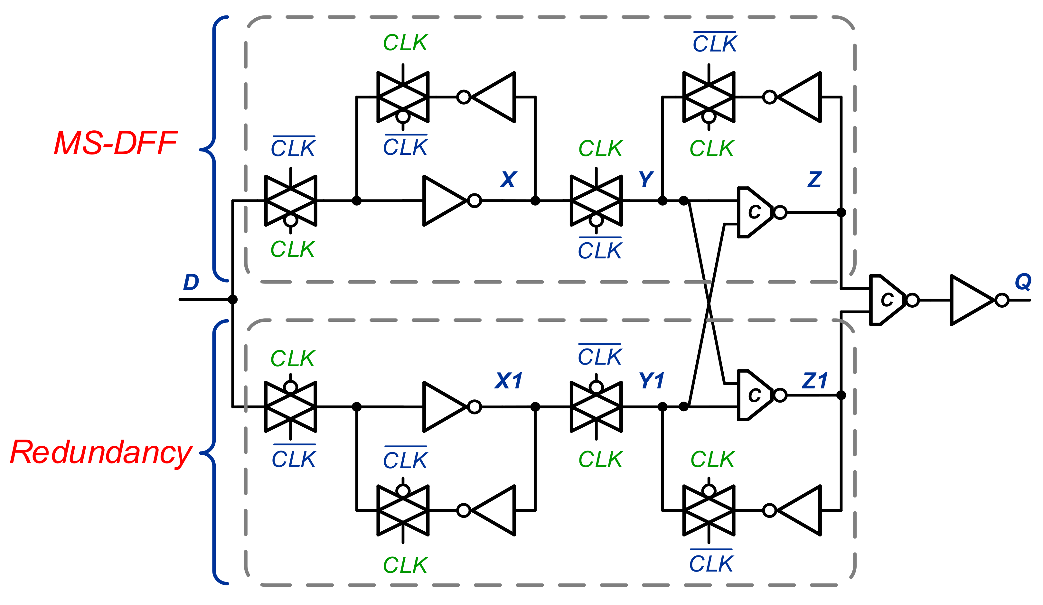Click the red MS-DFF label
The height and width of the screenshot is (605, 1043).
click(116, 143)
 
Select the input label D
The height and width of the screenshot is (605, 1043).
click(191, 282)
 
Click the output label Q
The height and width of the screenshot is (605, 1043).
click(1023, 282)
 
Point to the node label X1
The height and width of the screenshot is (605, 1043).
click(508, 380)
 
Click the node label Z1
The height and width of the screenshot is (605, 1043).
click(814, 380)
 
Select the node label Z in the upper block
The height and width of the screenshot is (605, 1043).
click(814, 180)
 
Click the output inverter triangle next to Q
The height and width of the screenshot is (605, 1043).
click(971, 300)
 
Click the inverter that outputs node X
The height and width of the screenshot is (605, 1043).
click(444, 201)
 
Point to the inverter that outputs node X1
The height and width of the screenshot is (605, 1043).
click(444, 407)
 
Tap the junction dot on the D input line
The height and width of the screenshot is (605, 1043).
click(233, 299)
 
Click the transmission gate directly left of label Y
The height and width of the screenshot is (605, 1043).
click(596, 201)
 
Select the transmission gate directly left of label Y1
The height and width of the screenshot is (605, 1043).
click(596, 407)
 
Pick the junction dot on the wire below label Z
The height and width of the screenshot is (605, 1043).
click(841, 212)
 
